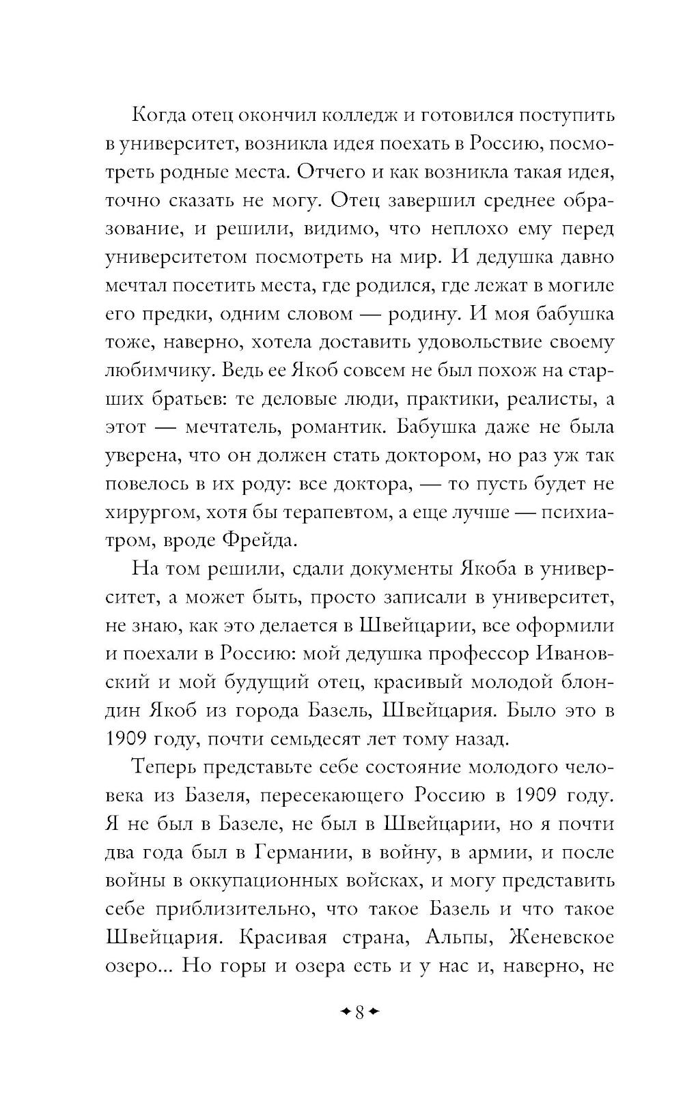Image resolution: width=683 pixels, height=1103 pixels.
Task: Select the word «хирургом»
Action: tap(150, 512)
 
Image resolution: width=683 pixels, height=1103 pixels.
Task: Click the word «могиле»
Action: tap(582, 285)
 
